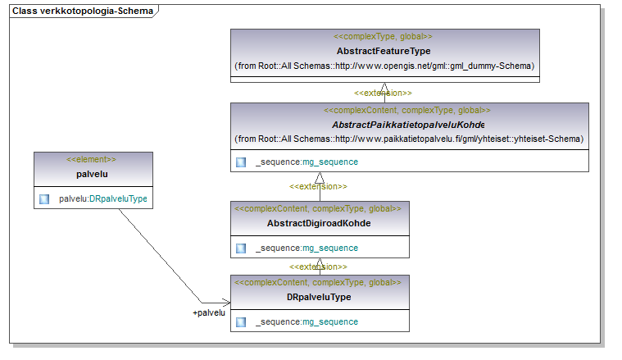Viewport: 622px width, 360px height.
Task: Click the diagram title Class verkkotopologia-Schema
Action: click(x=83, y=11)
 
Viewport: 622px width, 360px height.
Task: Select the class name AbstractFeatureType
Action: click(x=384, y=51)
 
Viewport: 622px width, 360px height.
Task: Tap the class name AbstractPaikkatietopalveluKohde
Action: click(x=408, y=125)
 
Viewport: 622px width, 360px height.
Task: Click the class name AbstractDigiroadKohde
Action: click(x=319, y=223)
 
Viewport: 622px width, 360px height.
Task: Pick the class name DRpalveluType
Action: click(x=319, y=297)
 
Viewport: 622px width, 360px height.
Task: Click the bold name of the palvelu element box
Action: click(x=92, y=174)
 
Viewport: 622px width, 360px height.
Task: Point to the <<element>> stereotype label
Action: click(x=91, y=160)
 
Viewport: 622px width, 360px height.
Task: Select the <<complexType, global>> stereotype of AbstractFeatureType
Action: click(x=383, y=37)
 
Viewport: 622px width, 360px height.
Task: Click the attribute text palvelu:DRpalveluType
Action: click(x=103, y=198)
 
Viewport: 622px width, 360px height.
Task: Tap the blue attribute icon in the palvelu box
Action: click(x=44, y=198)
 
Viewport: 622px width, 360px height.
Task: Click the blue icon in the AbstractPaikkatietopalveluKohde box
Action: click(x=241, y=162)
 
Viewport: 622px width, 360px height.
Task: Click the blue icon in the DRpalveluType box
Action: click(x=241, y=322)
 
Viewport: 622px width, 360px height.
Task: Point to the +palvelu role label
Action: click(x=209, y=312)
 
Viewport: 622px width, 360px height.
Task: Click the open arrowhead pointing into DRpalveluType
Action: click(x=227, y=303)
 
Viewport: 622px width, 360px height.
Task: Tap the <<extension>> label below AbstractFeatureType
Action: click(x=383, y=93)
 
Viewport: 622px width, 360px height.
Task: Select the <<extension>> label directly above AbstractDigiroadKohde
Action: click(x=318, y=186)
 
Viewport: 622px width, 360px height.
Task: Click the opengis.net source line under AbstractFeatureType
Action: click(x=384, y=66)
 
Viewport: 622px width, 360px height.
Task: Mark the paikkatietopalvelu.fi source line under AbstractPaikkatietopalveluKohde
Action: click(x=409, y=139)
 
